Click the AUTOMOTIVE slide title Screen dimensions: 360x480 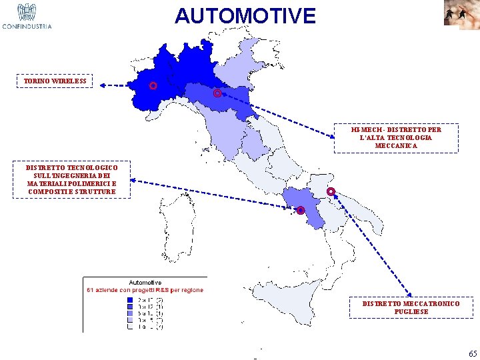[x=245, y=15]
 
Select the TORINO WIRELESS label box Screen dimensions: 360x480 [x=55, y=81]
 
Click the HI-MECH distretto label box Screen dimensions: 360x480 [x=396, y=137]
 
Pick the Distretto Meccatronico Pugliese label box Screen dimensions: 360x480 [x=411, y=307]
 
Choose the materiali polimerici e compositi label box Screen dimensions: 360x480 [x=71, y=180]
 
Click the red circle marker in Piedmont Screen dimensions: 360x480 [x=153, y=86]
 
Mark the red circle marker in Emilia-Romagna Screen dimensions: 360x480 [x=217, y=94]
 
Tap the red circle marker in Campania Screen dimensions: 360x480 [x=301, y=211]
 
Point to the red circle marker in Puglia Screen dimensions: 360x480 [x=331, y=192]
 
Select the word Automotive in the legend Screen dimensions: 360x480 [x=145, y=283]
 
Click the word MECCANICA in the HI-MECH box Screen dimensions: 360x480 [x=396, y=145]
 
